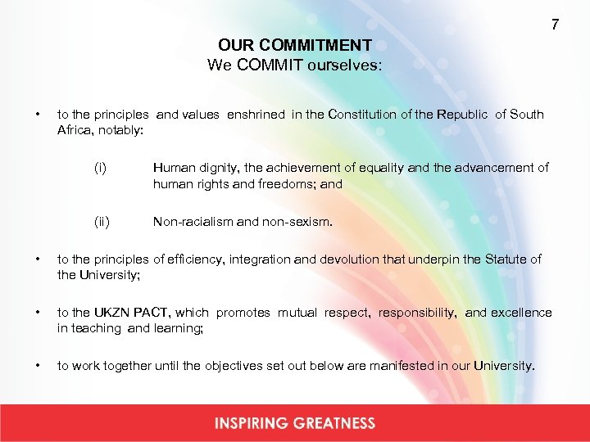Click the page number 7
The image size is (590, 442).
555,25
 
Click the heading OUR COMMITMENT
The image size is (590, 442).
295,46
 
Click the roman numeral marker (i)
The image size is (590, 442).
100,168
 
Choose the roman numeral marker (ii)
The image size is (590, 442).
102,221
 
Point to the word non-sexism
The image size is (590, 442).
301,221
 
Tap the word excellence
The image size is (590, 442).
522,313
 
